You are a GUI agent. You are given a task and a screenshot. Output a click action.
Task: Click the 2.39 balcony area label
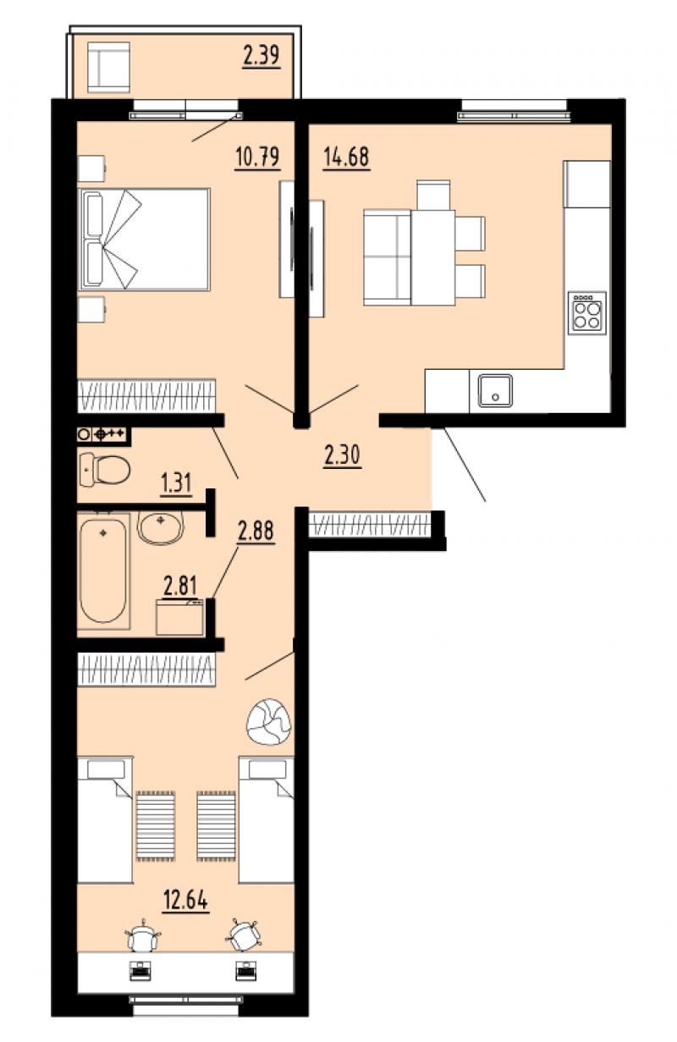(261, 56)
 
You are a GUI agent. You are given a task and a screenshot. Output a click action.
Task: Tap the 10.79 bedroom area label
(257, 157)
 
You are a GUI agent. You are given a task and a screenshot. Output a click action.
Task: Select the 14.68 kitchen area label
(346, 157)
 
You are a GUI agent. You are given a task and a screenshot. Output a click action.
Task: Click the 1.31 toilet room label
(176, 483)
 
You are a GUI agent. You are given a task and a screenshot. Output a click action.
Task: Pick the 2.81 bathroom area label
(180, 586)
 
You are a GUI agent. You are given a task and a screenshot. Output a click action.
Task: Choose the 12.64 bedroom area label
(185, 901)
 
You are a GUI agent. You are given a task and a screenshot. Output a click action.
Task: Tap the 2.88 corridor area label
(256, 532)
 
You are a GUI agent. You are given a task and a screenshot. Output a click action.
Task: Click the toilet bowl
(104, 469)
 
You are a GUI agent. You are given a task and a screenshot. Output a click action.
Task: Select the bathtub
(103, 571)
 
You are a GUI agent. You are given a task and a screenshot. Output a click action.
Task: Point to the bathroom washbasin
(161, 527)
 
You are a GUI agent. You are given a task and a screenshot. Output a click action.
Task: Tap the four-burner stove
(586, 312)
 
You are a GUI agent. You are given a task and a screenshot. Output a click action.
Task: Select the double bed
(144, 239)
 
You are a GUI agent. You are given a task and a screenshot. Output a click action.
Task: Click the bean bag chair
(269, 722)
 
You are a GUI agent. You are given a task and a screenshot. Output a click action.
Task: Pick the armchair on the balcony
(108, 68)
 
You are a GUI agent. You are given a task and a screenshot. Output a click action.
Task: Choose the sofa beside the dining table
(388, 257)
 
